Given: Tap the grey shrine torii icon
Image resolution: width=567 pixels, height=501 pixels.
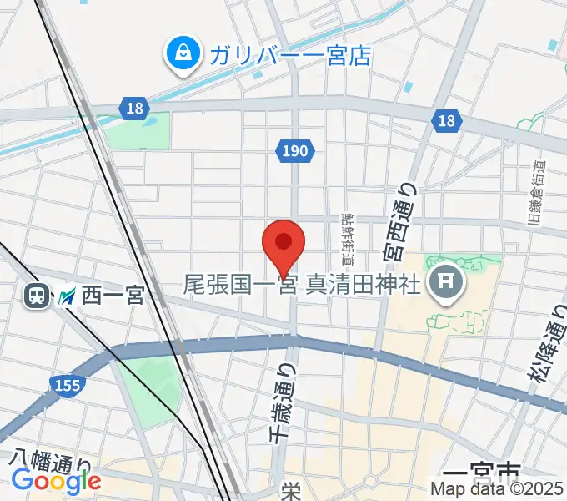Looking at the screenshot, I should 444,285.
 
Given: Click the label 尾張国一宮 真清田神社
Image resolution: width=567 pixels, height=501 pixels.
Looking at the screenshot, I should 302,286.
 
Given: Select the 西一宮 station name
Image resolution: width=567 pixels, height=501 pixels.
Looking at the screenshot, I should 113,296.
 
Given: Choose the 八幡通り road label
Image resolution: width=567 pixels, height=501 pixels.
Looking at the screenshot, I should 51,461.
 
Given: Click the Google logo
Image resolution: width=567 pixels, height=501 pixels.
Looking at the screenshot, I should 56,482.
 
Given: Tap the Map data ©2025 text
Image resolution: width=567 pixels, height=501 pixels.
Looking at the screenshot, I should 497,490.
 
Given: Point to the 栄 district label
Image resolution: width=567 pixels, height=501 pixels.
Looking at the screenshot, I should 290,492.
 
